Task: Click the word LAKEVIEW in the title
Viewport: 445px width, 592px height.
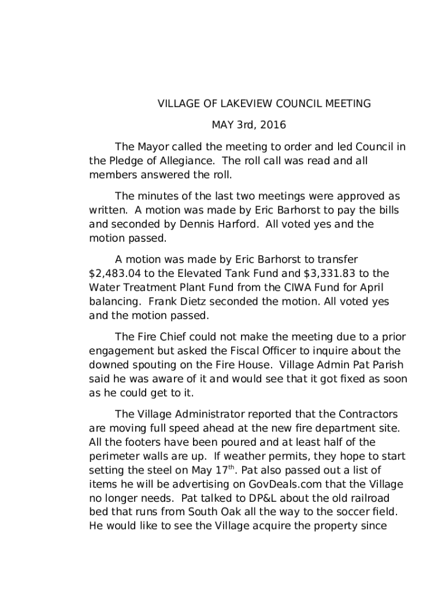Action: [x=224, y=104]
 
